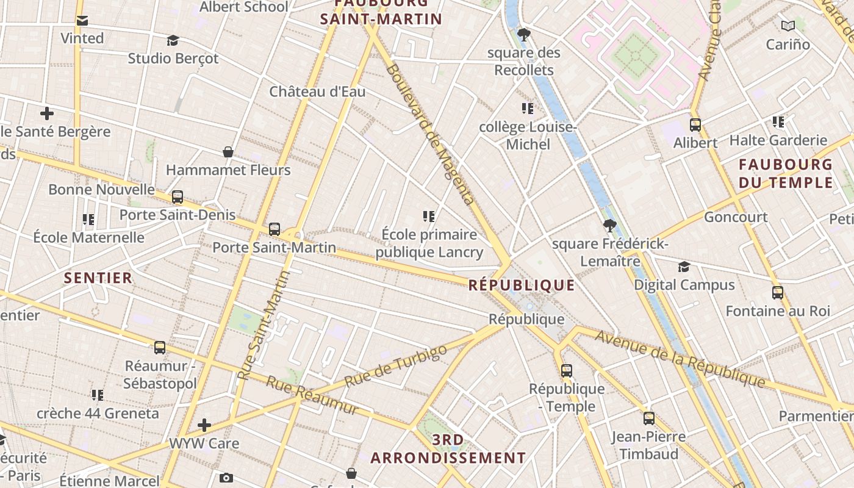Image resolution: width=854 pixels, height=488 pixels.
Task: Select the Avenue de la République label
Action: (x=680, y=359)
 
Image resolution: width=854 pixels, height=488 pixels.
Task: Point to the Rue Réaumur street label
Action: (x=312, y=395)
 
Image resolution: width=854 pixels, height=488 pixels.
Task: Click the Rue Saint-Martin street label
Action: (x=264, y=325)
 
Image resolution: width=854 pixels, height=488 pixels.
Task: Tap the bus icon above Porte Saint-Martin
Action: (x=274, y=229)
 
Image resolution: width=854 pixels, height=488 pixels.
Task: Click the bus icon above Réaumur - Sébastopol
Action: (x=160, y=348)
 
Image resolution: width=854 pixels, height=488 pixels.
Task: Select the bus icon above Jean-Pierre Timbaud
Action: (x=649, y=418)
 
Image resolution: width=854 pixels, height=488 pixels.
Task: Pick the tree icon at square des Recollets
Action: (x=523, y=35)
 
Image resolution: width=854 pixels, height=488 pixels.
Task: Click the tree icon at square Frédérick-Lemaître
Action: (x=609, y=226)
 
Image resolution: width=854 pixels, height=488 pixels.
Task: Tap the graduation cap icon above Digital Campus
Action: (x=684, y=267)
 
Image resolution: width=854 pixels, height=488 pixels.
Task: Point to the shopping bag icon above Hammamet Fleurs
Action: (x=228, y=152)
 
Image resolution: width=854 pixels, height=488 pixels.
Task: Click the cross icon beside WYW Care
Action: (x=204, y=425)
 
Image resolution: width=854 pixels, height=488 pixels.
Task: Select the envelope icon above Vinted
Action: (x=82, y=21)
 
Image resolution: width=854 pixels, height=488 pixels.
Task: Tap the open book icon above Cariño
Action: (x=788, y=26)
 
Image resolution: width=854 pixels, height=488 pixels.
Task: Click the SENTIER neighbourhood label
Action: (x=98, y=278)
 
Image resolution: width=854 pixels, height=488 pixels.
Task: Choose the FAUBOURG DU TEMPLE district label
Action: (x=786, y=173)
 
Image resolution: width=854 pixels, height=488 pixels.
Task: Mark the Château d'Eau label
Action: (x=317, y=91)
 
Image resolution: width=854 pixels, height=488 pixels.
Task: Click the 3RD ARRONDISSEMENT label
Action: (x=448, y=449)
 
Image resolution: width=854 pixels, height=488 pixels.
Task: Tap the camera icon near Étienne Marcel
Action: (x=226, y=478)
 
